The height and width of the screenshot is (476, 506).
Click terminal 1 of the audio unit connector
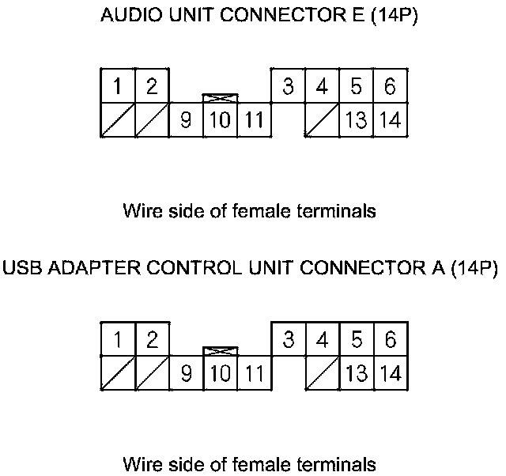click(117, 87)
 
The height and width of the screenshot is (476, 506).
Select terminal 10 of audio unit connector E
click(221, 121)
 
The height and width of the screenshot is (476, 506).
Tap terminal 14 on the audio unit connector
click(390, 121)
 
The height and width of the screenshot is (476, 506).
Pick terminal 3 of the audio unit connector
click(288, 87)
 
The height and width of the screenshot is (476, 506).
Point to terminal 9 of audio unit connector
click(187, 121)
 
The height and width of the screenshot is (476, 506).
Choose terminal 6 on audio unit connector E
click(390, 87)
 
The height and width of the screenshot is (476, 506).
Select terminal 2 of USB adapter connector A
click(152, 339)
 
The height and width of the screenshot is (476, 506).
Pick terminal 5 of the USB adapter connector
click(357, 339)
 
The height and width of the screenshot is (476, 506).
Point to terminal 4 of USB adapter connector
click(322, 339)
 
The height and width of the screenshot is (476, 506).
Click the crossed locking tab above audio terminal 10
click(221, 98)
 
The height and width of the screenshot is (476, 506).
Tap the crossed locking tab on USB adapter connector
click(221, 350)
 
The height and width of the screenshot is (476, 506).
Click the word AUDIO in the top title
click(127, 17)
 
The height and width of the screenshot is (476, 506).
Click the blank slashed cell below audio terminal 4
click(322, 121)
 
